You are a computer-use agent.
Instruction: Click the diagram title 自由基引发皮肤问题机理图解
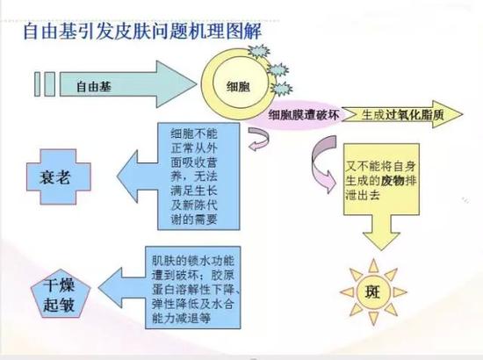pyautogui.click(x=142, y=31)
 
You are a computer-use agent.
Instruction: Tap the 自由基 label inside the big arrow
pyautogui.click(x=94, y=87)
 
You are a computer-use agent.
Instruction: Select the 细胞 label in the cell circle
pyautogui.click(x=238, y=87)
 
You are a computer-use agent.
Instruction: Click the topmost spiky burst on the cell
pyautogui.click(x=259, y=52)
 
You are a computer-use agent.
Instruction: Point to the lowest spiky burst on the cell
pyautogui.click(x=282, y=90)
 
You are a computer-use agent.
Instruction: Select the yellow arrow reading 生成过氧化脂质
pyautogui.click(x=402, y=114)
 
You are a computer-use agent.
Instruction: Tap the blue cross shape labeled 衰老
pyautogui.click(x=59, y=177)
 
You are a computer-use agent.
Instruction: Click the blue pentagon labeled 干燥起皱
pyautogui.click(x=61, y=296)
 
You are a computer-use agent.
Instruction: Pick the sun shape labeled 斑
pyautogui.click(x=373, y=292)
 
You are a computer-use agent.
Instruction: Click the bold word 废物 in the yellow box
pyautogui.click(x=393, y=181)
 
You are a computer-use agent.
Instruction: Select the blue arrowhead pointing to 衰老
pyautogui.click(x=127, y=176)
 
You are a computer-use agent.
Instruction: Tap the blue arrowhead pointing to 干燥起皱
pyautogui.click(x=111, y=288)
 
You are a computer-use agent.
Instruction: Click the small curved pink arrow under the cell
pyautogui.click(x=259, y=140)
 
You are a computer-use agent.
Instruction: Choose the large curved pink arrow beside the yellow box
pyautogui.click(x=322, y=163)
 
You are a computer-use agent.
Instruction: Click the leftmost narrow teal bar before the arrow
pyautogui.click(x=37, y=84)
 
